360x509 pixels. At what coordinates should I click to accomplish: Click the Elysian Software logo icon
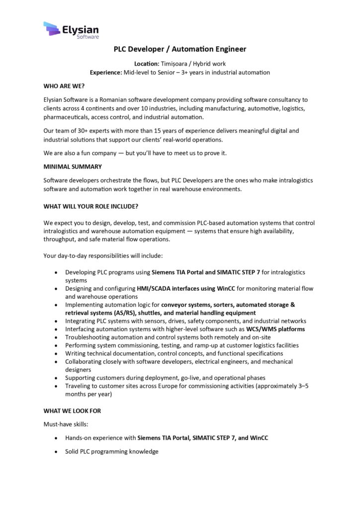[52, 29]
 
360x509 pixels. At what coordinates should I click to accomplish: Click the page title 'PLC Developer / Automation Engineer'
[180, 49]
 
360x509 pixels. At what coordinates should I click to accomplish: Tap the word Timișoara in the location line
[176, 64]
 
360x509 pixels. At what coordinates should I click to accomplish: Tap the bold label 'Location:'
[147, 64]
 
